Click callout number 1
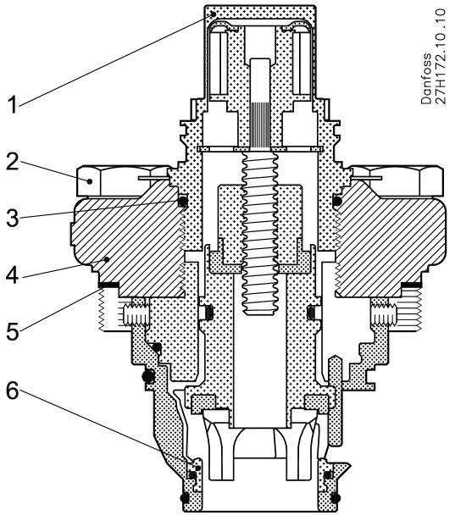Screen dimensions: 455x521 point(13,103)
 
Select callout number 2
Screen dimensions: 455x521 point(13,162)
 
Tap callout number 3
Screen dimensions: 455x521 point(13,218)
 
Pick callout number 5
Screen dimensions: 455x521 point(13,330)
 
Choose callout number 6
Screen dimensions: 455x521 point(13,391)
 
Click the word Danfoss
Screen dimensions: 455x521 point(426,79)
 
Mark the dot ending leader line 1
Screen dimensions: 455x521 point(214,14)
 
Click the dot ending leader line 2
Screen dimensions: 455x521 point(90,181)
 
